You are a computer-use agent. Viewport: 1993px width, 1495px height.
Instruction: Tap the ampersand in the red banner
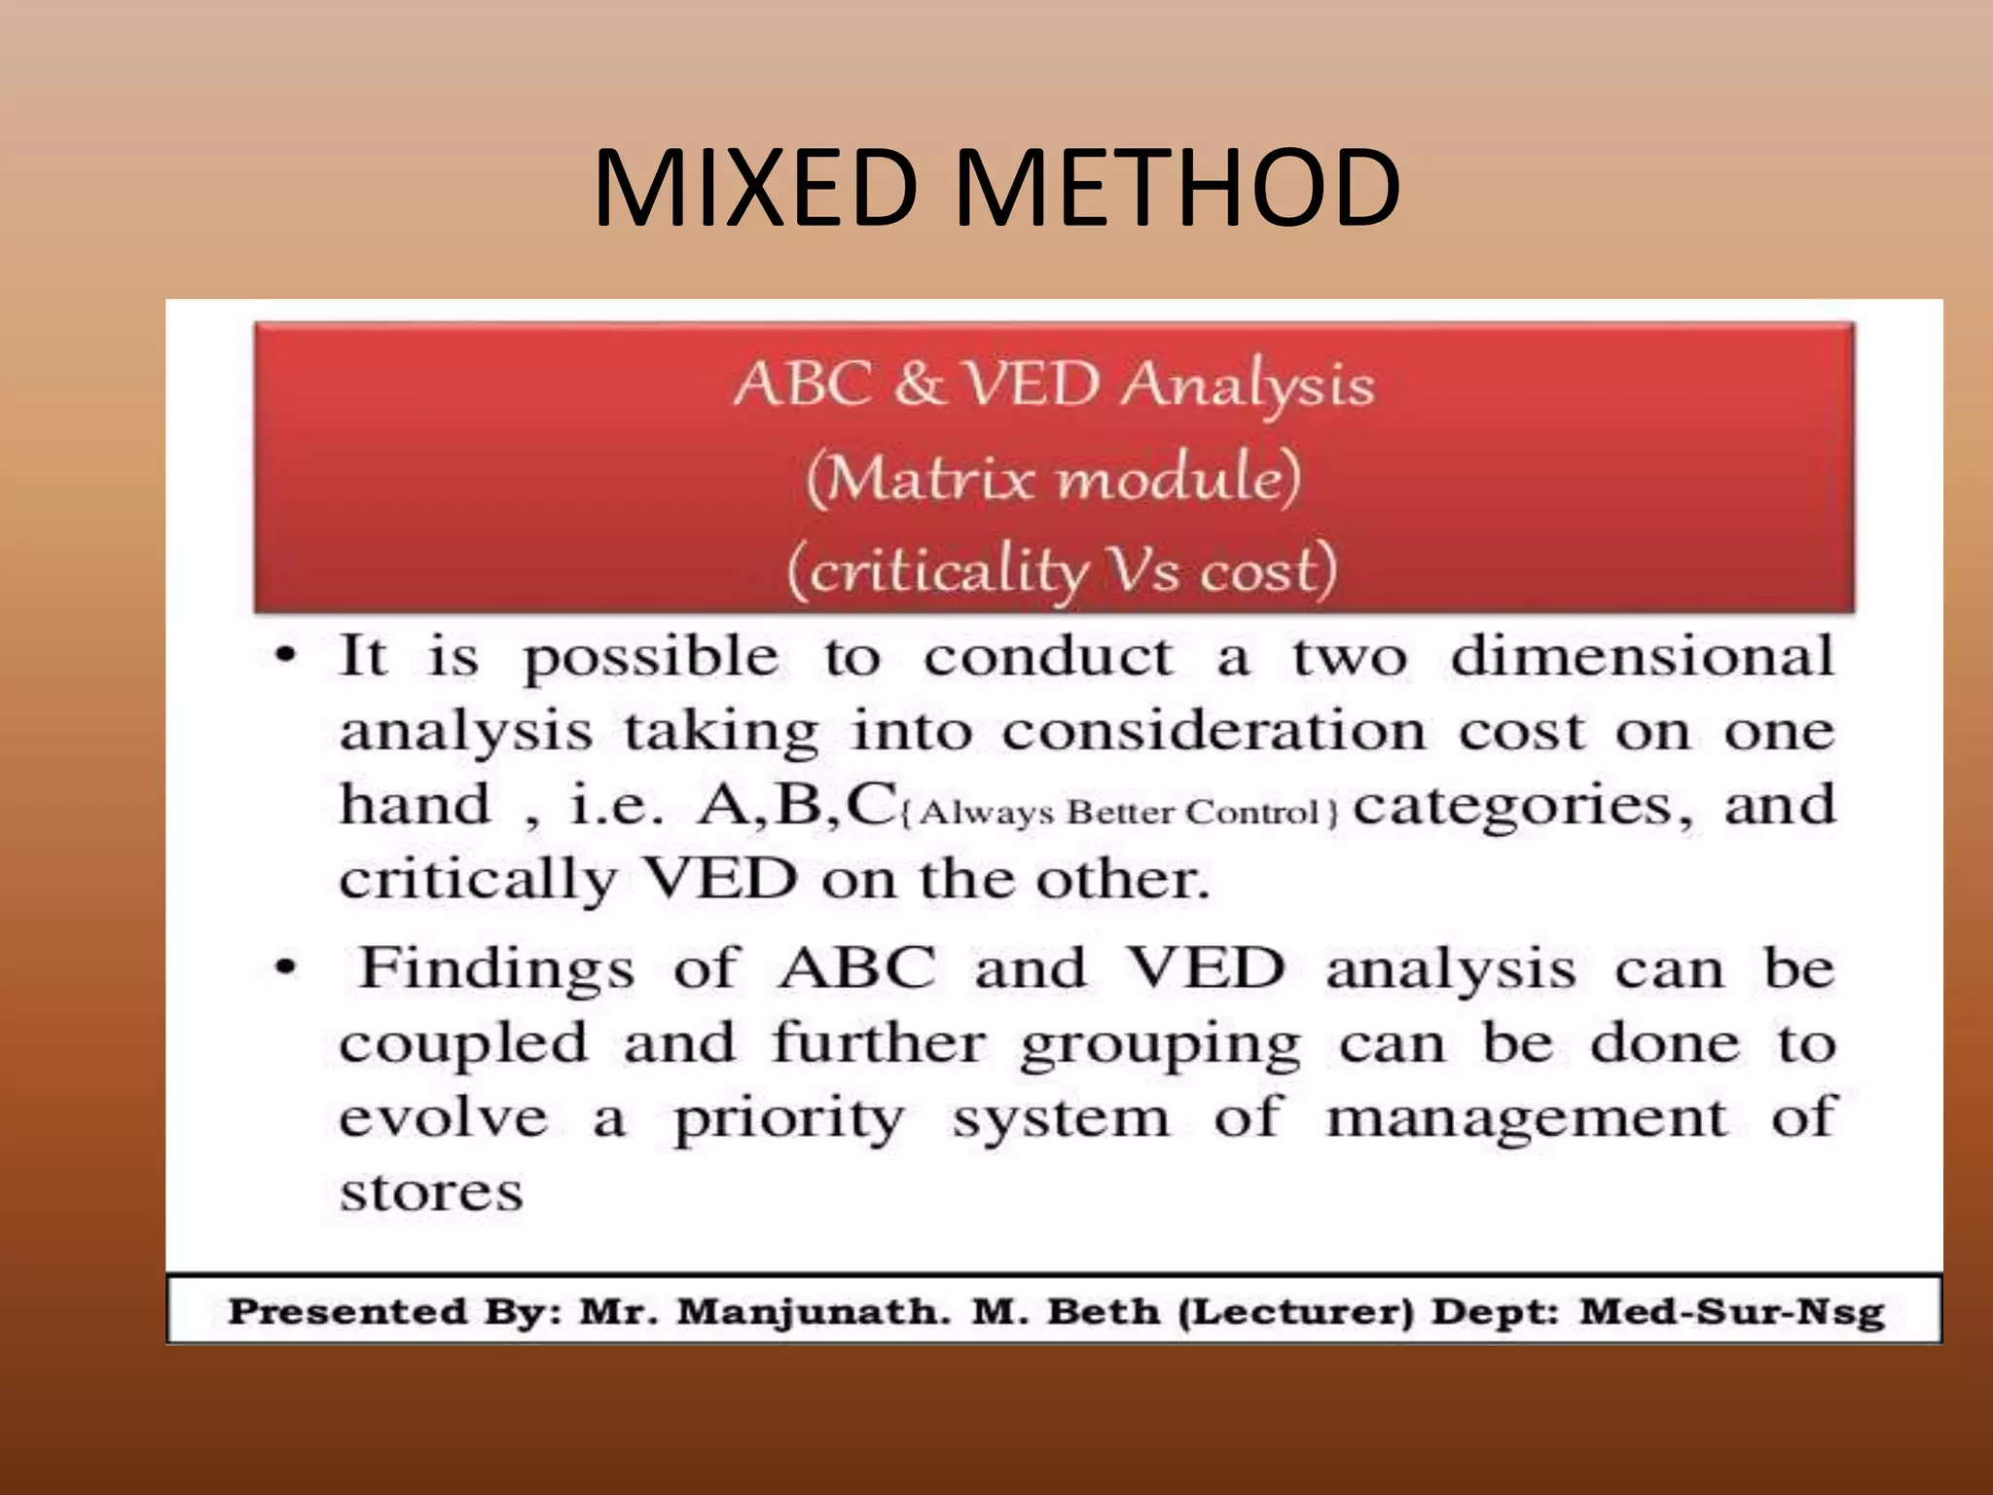pos(919,383)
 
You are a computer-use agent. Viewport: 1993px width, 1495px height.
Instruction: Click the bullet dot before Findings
pos(284,967)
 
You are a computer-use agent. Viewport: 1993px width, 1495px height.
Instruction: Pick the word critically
pos(478,880)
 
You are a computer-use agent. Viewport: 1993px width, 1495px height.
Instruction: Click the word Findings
pos(496,969)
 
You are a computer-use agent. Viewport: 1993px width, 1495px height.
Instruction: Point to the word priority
pos(788,1119)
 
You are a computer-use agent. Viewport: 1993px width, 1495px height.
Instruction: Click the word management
pos(1527,1119)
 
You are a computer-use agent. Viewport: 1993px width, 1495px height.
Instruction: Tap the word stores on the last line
pos(431,1192)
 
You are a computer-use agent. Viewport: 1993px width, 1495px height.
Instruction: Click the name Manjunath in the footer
pos(814,1311)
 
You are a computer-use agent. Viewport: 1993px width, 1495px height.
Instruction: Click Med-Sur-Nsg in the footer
pos(1731,1311)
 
